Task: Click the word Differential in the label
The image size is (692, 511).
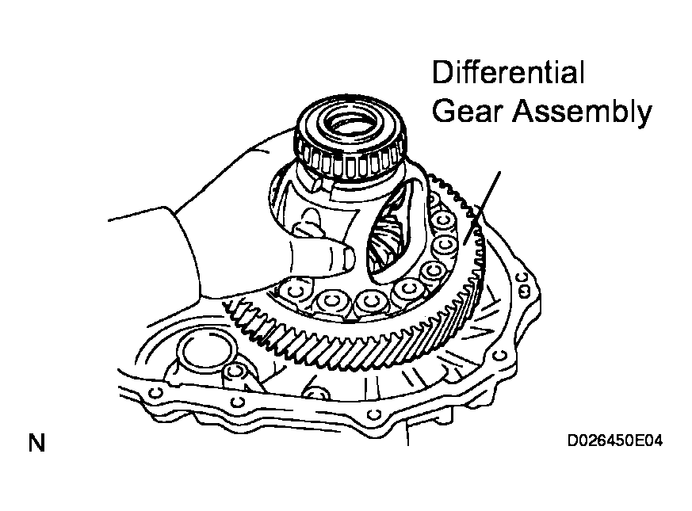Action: tap(508, 72)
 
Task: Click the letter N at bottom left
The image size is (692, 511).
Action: tap(36, 443)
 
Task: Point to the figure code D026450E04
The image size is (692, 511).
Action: tap(615, 440)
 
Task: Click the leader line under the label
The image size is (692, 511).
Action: tap(482, 208)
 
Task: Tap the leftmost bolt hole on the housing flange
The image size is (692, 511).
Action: tap(156, 393)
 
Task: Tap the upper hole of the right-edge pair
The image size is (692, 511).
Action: tap(522, 278)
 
